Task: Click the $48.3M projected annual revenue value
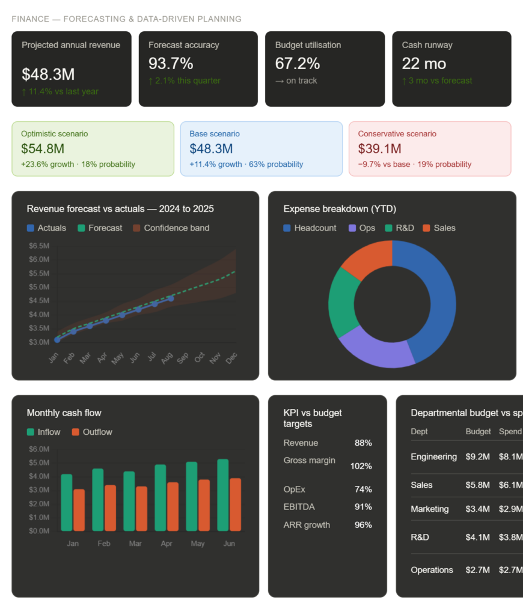[48, 74]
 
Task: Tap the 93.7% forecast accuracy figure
[171, 63]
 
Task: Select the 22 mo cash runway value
[424, 63]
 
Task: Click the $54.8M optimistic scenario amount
[43, 148]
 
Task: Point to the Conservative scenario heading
[397, 134]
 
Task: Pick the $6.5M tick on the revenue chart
[39, 246]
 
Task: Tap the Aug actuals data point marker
[171, 298]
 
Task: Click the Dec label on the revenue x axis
[231, 359]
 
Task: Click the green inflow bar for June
[222, 495]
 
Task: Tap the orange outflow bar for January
[79, 510]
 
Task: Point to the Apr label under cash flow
[167, 544]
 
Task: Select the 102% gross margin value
[361, 466]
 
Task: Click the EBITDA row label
[299, 507]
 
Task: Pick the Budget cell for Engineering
[477, 457]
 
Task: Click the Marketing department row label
[429, 509]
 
